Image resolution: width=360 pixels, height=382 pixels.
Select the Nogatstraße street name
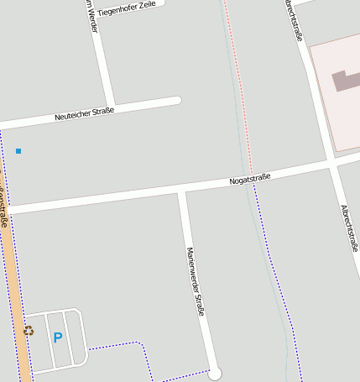click(250, 179)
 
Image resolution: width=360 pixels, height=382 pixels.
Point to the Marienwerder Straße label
click(196, 281)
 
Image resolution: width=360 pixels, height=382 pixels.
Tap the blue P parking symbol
click(58, 338)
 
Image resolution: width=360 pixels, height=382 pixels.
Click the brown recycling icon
click(29, 331)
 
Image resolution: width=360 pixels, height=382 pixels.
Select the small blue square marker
click(18, 151)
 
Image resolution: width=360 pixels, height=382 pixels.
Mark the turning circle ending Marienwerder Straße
click(215, 373)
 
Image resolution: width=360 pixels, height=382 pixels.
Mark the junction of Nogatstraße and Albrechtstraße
click(331, 162)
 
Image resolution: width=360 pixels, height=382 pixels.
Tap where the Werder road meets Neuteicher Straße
click(111, 107)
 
